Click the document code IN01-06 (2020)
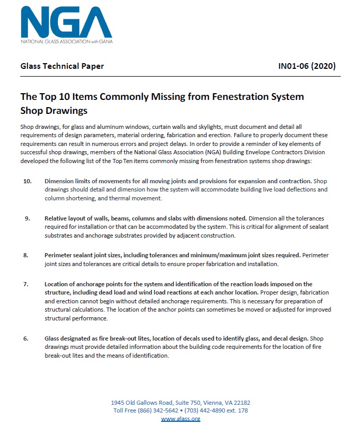coord(307,66)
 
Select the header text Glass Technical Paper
coord(62,66)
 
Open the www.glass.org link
coord(180,419)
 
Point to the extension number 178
coord(242,410)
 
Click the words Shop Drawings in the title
coord(54,110)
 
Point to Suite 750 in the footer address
coord(179,402)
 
